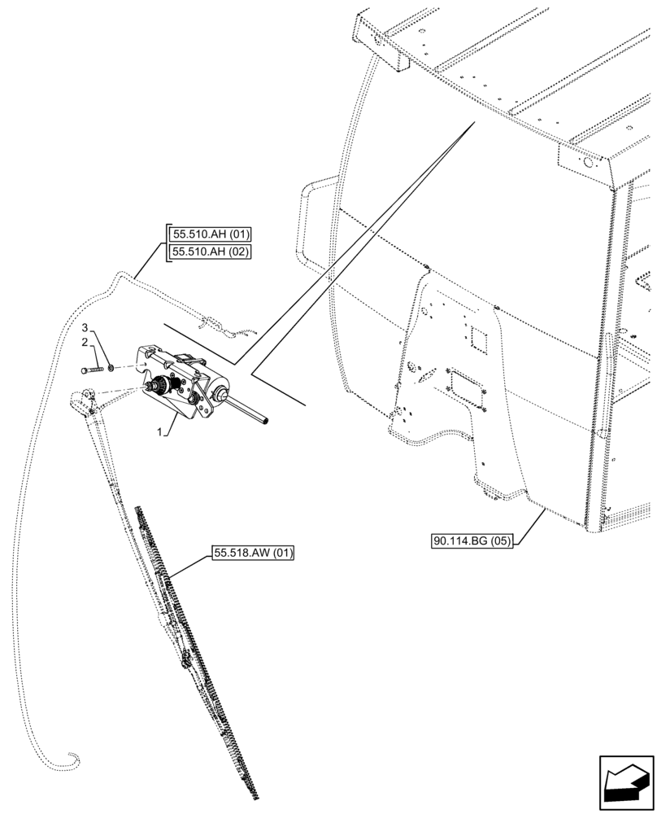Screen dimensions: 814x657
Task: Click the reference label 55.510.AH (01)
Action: pyautogui.click(x=211, y=235)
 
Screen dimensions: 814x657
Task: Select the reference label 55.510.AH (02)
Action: pyautogui.click(x=211, y=252)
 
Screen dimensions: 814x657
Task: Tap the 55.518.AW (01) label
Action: pyautogui.click(x=253, y=554)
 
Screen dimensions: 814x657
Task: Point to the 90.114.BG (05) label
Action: pyautogui.click(x=472, y=541)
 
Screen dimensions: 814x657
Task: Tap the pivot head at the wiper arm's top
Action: pyautogui.click(x=82, y=400)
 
